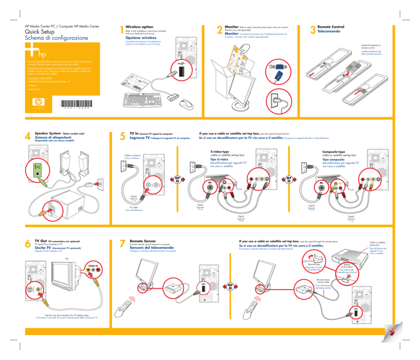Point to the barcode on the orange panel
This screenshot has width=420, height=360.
coord(79,103)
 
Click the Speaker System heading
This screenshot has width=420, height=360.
coord(47,133)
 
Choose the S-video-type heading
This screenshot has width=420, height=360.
coord(220,152)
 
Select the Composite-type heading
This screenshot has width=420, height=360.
coord(334,152)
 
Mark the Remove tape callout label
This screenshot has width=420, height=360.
coord(313,264)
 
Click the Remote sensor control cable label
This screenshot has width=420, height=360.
coord(323,281)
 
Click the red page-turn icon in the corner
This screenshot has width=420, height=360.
coord(392,331)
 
